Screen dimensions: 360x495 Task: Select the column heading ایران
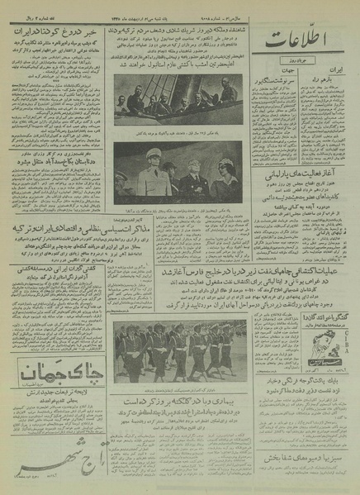pos(339,74)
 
